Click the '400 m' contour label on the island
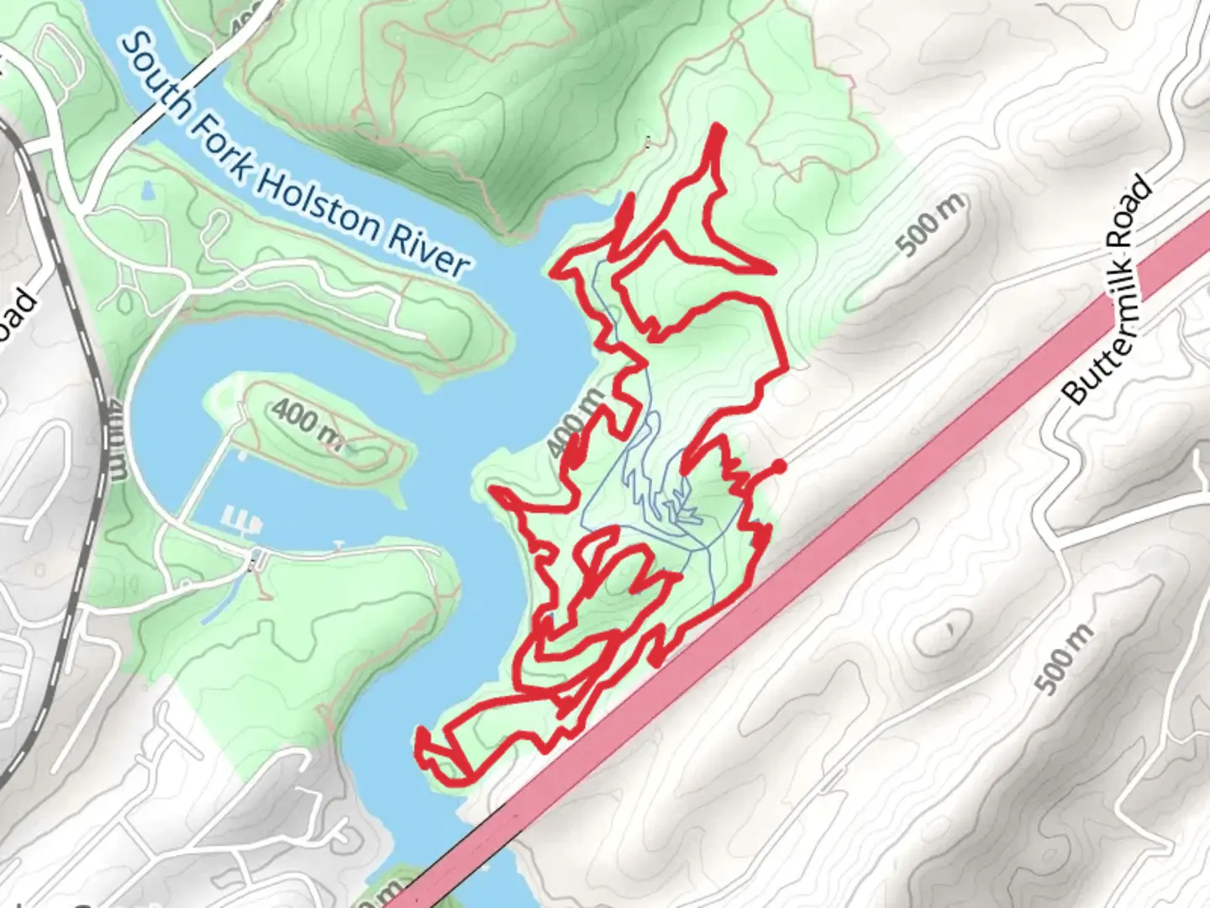point(308,420)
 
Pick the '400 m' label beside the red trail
point(576,420)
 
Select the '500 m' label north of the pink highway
point(930,224)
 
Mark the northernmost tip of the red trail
point(718,127)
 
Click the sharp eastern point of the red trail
point(770,271)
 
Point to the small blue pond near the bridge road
point(150,193)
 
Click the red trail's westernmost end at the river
point(419,740)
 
